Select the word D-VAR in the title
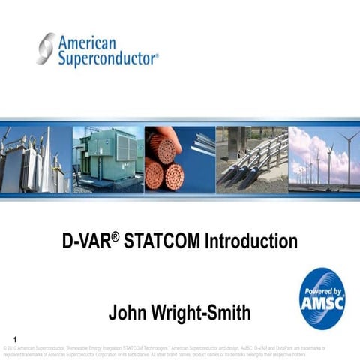pos(84,242)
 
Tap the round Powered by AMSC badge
pos(322,298)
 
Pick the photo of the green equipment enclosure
pos(107,158)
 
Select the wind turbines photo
pos(324,158)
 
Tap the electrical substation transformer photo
pos(35,158)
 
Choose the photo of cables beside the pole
pos(251,158)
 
